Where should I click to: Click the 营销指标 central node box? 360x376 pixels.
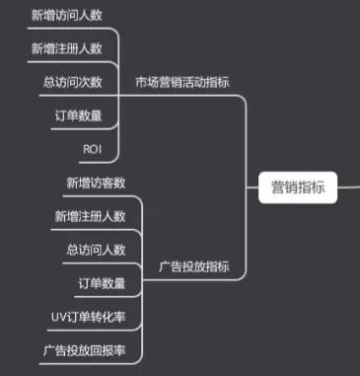click(x=297, y=185)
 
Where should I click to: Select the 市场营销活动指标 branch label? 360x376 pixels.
click(x=188, y=81)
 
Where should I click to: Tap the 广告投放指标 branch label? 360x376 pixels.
click(x=194, y=266)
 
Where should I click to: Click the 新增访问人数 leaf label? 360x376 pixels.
click(x=65, y=15)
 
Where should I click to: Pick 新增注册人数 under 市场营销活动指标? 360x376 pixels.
click(x=65, y=48)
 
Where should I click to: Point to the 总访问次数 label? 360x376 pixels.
click(x=73, y=82)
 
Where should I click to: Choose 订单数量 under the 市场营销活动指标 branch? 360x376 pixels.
click(x=79, y=115)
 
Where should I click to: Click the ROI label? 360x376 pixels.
click(x=93, y=148)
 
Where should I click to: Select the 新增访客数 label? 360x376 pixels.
click(x=97, y=183)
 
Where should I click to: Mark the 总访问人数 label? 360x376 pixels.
click(x=97, y=250)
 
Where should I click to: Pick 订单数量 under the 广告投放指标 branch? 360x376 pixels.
click(x=103, y=284)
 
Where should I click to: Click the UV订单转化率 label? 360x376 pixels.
click(x=89, y=317)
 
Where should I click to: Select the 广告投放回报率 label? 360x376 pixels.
click(x=85, y=350)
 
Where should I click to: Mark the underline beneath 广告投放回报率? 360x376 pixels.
click(x=85, y=363)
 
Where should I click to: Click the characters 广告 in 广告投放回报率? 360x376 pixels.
click(x=56, y=350)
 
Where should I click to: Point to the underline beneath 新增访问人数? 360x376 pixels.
click(x=65, y=29)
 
